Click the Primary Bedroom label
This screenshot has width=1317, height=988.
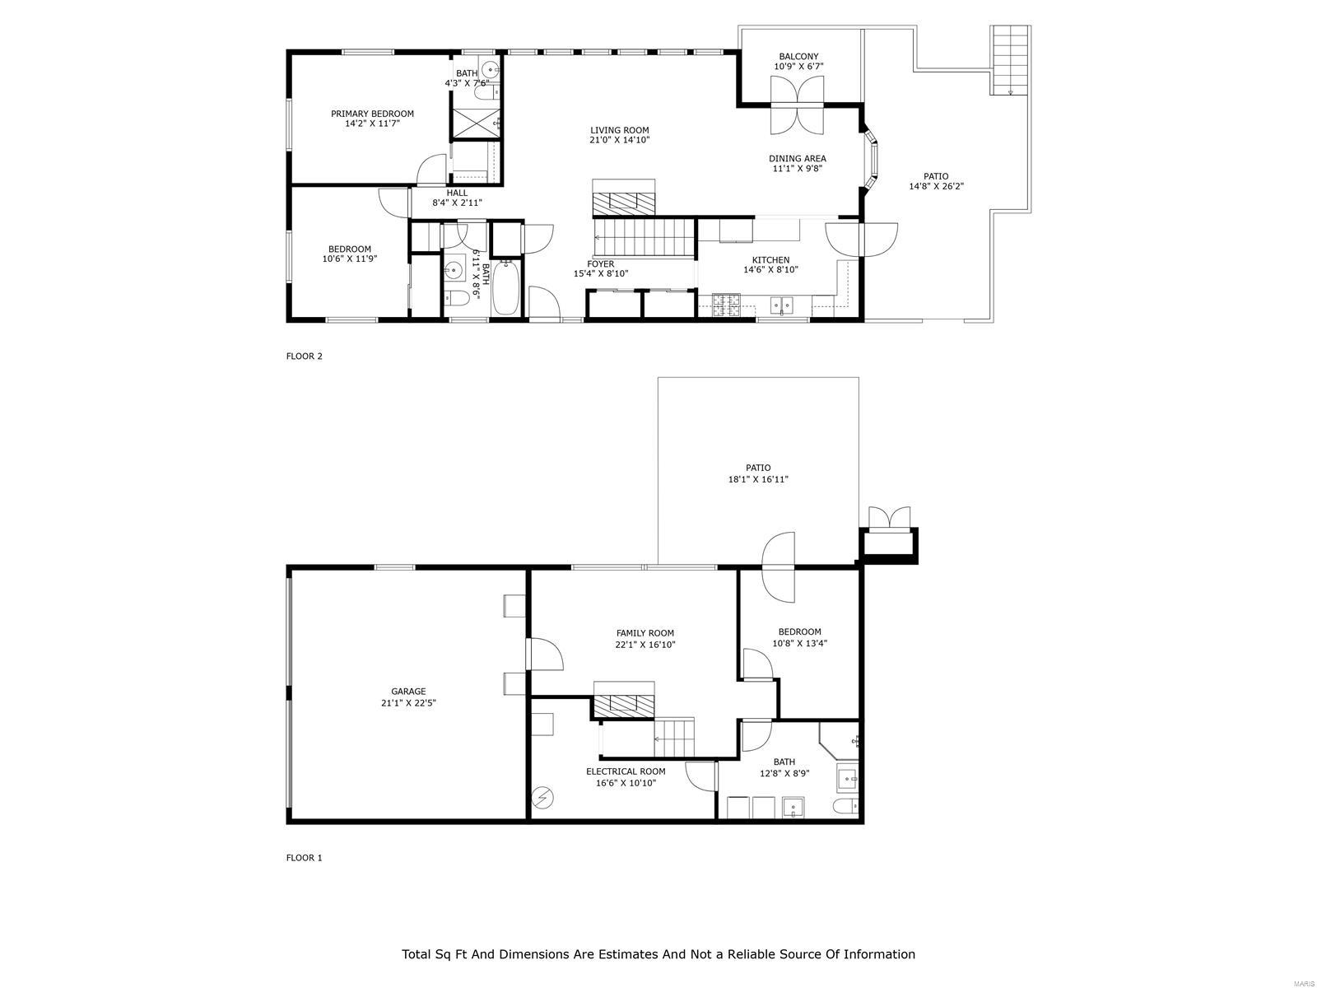pos(372,114)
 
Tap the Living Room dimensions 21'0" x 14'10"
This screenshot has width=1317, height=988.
pos(619,141)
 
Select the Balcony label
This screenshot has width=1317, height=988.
pos(798,57)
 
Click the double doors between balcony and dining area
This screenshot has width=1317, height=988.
pos(797,105)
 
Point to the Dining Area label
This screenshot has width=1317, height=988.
pos(797,159)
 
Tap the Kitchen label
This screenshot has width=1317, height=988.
pos(770,260)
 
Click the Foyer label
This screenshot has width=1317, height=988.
pos(600,264)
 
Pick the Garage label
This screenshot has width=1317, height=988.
pos(408,692)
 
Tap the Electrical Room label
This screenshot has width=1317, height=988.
pos(626,771)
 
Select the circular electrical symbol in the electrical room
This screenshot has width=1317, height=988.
pos(542,797)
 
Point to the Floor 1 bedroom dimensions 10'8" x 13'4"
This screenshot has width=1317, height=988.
pos(799,644)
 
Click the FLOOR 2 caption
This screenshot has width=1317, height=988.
pos(304,357)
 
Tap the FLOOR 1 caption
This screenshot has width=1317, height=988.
pos(304,858)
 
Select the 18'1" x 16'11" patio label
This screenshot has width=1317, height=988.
pos(758,479)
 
